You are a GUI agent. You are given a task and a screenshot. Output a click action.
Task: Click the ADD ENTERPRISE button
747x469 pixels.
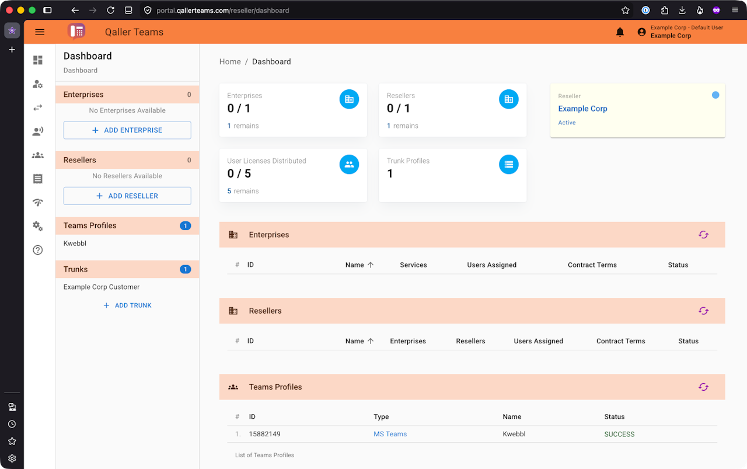tap(127, 130)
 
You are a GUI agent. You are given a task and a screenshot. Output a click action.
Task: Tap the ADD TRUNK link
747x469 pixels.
tap(127, 305)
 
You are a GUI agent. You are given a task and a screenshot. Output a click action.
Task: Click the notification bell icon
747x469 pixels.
tap(620, 32)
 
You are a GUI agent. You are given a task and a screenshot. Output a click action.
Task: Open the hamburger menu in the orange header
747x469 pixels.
tap(40, 32)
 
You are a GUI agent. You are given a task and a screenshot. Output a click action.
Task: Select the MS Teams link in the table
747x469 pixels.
tap(390, 434)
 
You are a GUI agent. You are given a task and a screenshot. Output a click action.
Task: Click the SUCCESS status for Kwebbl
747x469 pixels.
tap(619, 435)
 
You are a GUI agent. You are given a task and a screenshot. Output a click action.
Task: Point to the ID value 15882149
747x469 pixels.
tap(265, 434)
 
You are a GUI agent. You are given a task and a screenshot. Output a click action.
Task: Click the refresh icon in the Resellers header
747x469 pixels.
tap(703, 311)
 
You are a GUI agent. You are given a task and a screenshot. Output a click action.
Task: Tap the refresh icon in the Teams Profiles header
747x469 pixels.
tap(703, 387)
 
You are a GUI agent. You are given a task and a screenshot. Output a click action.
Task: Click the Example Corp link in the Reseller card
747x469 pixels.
tap(582, 109)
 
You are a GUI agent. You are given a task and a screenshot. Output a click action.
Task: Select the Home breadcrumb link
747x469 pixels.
tap(230, 62)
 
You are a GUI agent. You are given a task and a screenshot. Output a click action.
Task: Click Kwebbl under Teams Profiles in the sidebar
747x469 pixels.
tap(75, 244)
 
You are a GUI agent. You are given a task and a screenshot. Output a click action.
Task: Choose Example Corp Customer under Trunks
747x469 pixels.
tap(102, 287)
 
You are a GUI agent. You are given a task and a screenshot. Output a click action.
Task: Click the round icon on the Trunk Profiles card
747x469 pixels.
tap(508, 165)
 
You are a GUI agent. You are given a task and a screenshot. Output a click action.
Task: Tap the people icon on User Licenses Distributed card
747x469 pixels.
tap(349, 165)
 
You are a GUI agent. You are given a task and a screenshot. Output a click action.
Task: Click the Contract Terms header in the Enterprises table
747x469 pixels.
tap(592, 265)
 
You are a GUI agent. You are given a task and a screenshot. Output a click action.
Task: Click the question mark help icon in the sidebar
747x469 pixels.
tap(38, 250)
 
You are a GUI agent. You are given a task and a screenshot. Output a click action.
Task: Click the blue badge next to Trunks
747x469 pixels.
tap(186, 269)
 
